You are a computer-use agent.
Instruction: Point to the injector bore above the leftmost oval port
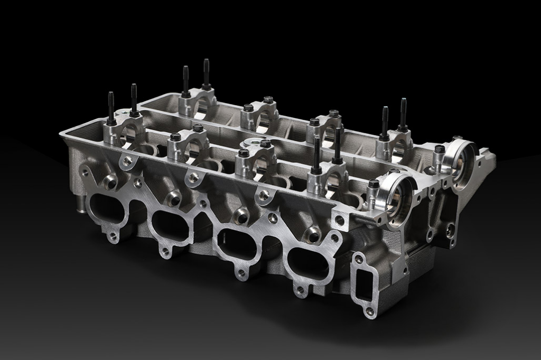point(110,183)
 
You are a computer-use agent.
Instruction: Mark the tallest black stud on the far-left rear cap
point(206,74)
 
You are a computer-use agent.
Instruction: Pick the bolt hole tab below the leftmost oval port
point(113,237)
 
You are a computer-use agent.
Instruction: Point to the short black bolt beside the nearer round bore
point(374,185)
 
